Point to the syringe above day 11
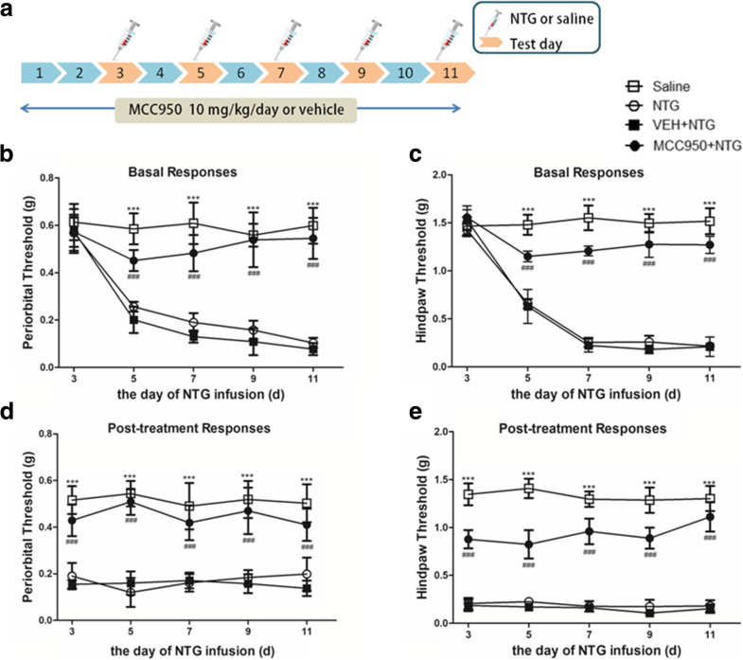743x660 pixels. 448,39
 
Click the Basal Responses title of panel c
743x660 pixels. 552,173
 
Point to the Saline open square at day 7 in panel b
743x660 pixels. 192,223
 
